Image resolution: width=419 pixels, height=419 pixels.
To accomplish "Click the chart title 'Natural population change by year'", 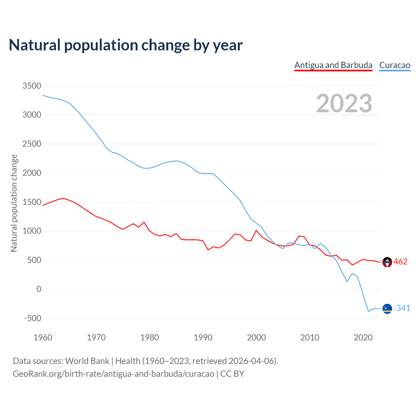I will (x=126, y=45).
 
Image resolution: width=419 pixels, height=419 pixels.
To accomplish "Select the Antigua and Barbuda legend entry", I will (x=333, y=65).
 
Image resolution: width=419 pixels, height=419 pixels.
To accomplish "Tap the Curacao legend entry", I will (x=394, y=65).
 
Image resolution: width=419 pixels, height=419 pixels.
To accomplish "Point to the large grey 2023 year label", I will (x=344, y=103).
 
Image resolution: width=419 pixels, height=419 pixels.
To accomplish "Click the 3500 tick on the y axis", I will (x=32, y=86).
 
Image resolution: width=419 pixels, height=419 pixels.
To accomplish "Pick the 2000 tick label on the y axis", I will (x=32, y=173).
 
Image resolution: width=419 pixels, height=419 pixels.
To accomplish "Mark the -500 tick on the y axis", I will (x=33, y=318).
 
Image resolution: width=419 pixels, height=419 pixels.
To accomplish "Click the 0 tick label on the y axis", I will (x=39, y=289).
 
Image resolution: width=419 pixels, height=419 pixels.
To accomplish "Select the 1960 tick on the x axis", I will (x=43, y=337).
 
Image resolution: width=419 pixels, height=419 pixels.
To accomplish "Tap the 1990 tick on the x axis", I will (x=203, y=337).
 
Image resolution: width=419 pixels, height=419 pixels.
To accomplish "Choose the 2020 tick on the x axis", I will (x=363, y=337).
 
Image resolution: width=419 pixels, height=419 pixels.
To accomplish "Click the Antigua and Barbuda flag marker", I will (x=387, y=262).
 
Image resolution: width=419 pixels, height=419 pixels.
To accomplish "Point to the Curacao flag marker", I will (x=387, y=309).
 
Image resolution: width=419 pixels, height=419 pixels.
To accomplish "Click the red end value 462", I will (x=400, y=262).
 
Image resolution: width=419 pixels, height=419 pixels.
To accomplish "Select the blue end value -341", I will (x=402, y=308).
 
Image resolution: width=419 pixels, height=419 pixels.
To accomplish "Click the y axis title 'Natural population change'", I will (x=14, y=203).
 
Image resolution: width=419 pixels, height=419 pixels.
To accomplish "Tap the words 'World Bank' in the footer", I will (x=87, y=361).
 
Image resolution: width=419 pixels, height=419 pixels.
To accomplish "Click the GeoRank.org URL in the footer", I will (x=113, y=374).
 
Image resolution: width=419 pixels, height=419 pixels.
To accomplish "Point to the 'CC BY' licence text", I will (x=232, y=374).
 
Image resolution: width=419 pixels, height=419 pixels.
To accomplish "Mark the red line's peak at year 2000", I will (x=256, y=230).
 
